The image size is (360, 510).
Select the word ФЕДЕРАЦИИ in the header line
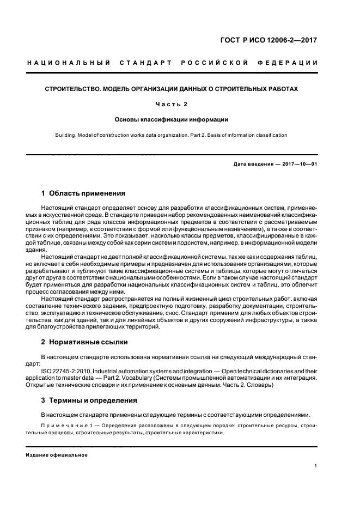click(292, 63)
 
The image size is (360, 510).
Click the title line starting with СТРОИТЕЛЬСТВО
click(171, 89)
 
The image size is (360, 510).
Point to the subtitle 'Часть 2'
click(171, 104)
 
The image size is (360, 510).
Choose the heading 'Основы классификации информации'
click(171, 119)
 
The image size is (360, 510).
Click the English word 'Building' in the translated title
click(65, 135)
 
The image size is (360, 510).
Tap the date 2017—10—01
click(299, 163)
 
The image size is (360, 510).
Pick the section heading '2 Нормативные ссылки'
click(84, 342)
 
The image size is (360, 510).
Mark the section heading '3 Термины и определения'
click(88, 400)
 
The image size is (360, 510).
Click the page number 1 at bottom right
click(316, 466)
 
